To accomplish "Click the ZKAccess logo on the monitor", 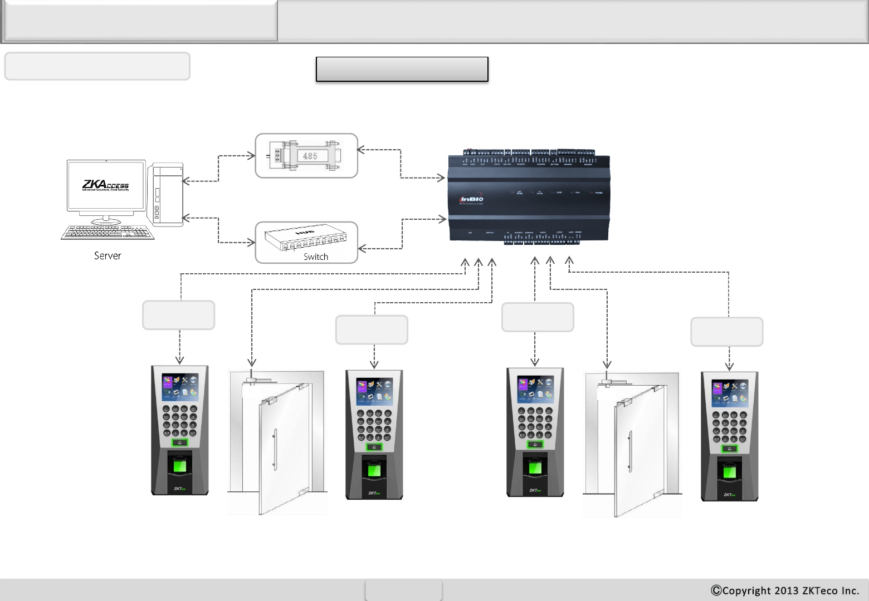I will [x=105, y=185].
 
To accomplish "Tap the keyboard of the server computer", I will [x=108, y=232].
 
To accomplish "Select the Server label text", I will [x=108, y=256].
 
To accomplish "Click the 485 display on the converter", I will [x=310, y=156].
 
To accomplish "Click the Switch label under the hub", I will [x=316, y=257].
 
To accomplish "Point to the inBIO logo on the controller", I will [x=471, y=199].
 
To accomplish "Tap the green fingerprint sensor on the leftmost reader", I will [x=179, y=465].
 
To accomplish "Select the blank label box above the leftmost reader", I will [x=179, y=316].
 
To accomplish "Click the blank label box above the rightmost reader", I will [x=726, y=332].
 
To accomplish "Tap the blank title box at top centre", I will [x=402, y=69].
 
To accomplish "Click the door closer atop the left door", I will [x=256, y=381].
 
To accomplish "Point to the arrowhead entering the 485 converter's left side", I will [x=251, y=156].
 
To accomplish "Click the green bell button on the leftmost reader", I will [x=179, y=443].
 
